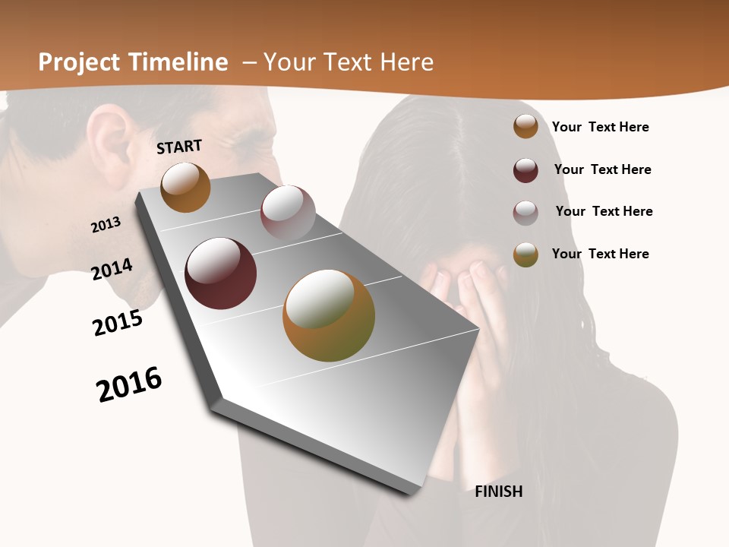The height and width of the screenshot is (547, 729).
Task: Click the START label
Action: (179, 147)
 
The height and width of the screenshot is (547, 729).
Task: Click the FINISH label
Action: (498, 492)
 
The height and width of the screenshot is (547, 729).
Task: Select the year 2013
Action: (106, 225)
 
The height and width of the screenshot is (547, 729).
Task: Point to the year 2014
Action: (112, 269)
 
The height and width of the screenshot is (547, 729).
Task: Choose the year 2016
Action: (129, 384)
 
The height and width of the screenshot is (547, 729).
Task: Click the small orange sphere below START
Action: (185, 187)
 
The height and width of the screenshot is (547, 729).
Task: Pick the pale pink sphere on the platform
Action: (288, 213)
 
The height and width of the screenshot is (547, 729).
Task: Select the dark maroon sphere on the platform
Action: (221, 273)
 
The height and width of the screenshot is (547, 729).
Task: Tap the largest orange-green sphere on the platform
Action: (329, 315)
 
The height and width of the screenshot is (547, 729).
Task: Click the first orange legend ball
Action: (525, 126)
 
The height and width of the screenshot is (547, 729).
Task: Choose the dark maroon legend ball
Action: (525, 170)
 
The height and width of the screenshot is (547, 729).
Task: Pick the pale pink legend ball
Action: (525, 213)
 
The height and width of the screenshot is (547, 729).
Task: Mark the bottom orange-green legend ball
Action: (525, 255)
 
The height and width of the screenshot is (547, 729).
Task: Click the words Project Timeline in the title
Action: (133, 62)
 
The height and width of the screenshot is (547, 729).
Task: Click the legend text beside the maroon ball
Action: (602, 169)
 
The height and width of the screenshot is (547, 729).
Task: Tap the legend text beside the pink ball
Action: (604, 211)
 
